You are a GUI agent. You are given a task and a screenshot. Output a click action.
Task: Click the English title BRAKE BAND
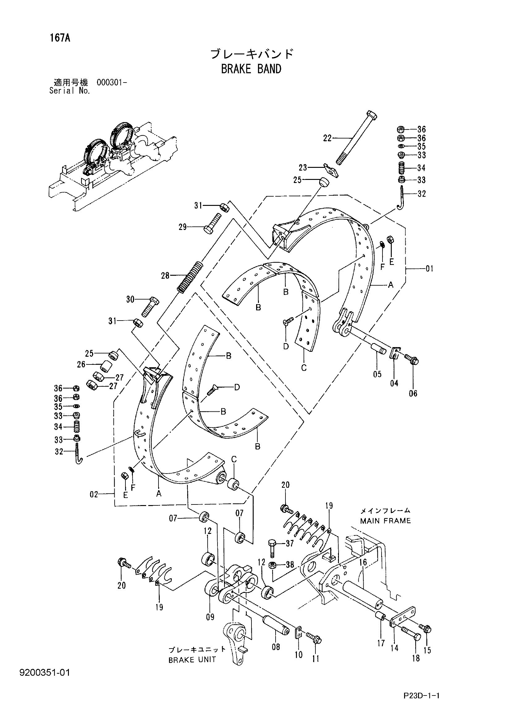pos(251,69)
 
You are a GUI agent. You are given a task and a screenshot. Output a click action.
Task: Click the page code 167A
pos(60,38)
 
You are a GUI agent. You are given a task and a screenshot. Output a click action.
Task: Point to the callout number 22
pos(327,138)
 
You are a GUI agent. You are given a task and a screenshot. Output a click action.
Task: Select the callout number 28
pos(165,276)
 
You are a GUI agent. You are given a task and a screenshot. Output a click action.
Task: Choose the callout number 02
pos(94,494)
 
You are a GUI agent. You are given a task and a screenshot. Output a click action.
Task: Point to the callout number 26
pos(81,364)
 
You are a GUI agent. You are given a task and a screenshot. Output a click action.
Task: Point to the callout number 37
pos(289,543)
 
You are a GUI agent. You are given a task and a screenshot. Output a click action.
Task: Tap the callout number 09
pos(210,625)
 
